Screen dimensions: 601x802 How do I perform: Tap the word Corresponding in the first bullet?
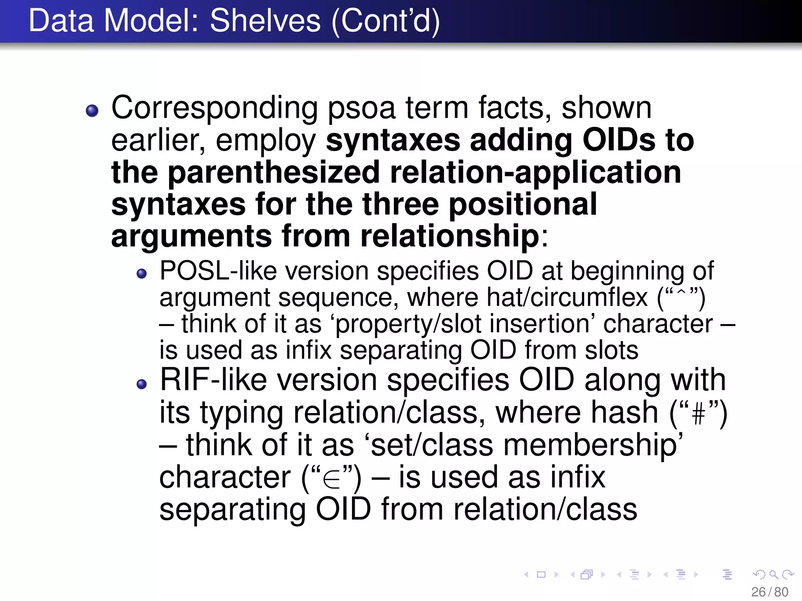[x=215, y=108]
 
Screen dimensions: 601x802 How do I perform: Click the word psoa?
[x=361, y=108]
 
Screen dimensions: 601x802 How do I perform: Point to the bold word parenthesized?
[x=274, y=173]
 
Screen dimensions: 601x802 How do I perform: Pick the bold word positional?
[x=522, y=205]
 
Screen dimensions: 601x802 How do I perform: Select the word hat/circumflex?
[x=567, y=297]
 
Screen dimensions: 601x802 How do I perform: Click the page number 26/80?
[x=769, y=592]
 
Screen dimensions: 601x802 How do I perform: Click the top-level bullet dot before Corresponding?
[x=92, y=111]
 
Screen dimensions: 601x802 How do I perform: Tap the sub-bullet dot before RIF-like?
[x=142, y=384]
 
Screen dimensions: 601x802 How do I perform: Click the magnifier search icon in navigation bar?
[x=773, y=574]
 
